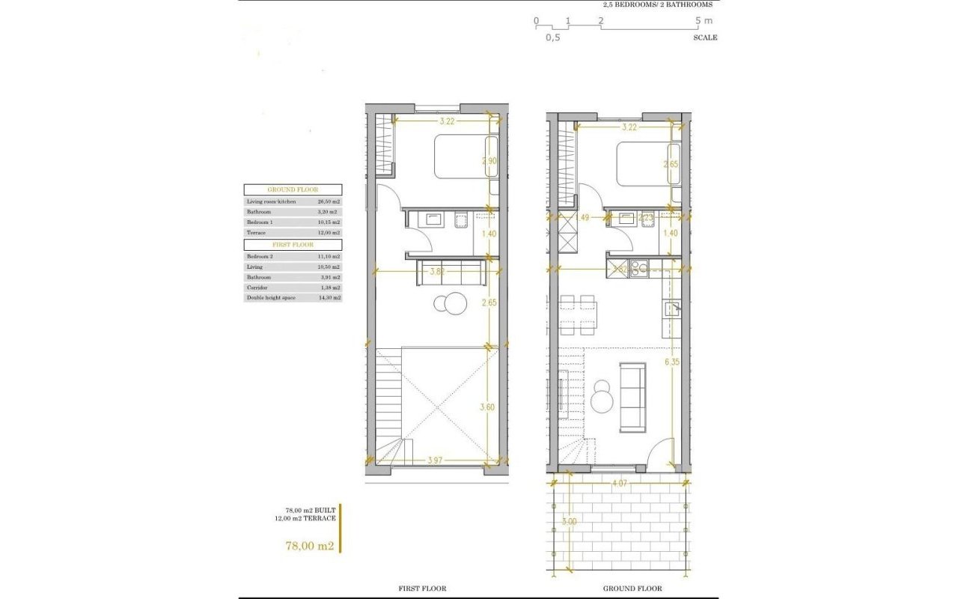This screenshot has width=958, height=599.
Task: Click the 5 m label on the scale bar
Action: point(703,21)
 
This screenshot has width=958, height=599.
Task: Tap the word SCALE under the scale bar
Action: point(705,37)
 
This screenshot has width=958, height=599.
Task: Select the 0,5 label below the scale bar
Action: point(552,37)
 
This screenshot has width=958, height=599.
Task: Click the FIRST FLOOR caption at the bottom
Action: point(423,589)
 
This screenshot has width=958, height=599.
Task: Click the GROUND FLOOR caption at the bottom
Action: point(632,589)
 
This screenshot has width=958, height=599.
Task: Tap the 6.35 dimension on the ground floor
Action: point(671,362)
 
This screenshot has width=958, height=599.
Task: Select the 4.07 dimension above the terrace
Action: point(619,484)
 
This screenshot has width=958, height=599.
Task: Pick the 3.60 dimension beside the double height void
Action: point(488,408)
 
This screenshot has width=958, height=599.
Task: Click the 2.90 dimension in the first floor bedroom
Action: point(489,161)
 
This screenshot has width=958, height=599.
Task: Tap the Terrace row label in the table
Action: point(256,233)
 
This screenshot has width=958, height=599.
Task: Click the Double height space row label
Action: point(271,297)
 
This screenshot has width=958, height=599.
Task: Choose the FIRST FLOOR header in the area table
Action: point(293,245)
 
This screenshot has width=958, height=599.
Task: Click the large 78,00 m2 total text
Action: point(309,546)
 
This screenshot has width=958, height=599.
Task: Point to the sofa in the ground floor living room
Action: point(632,396)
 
